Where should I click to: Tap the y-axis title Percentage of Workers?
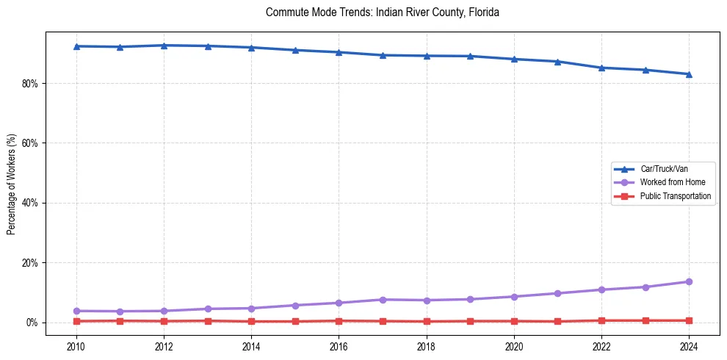(12, 184)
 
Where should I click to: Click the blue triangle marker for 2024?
(689, 74)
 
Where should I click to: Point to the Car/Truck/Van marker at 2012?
(164, 46)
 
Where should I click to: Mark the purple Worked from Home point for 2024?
(689, 281)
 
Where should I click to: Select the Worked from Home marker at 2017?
(383, 300)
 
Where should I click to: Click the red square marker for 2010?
(76, 321)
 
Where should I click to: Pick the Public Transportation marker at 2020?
(514, 321)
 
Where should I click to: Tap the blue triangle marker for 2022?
(601, 68)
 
